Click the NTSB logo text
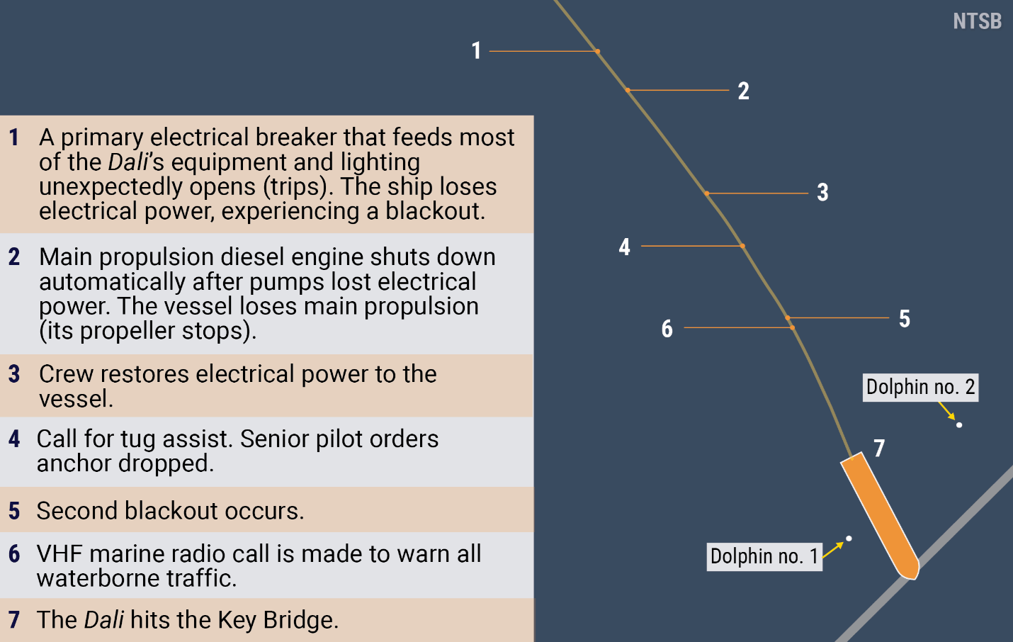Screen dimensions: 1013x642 pos(978,21)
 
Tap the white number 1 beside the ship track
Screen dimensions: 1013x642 pos(476,50)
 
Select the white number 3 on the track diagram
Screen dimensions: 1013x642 pos(822,192)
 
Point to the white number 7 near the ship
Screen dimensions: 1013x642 pos(878,449)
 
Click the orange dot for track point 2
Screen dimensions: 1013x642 pos(628,91)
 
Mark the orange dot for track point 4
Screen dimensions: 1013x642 pos(742,246)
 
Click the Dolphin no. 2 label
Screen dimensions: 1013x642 pos(920,388)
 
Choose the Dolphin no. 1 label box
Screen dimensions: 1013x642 pos(764,556)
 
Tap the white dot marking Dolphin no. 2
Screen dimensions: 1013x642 pos(959,425)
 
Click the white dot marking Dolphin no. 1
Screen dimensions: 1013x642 pos(849,539)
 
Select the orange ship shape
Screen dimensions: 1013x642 pos(880,516)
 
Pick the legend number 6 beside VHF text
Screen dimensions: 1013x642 pos(14,553)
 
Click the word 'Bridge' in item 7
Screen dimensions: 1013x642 pos(301,620)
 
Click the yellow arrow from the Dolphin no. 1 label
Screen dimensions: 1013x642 pos(833,550)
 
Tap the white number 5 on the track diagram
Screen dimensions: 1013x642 pos(904,318)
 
